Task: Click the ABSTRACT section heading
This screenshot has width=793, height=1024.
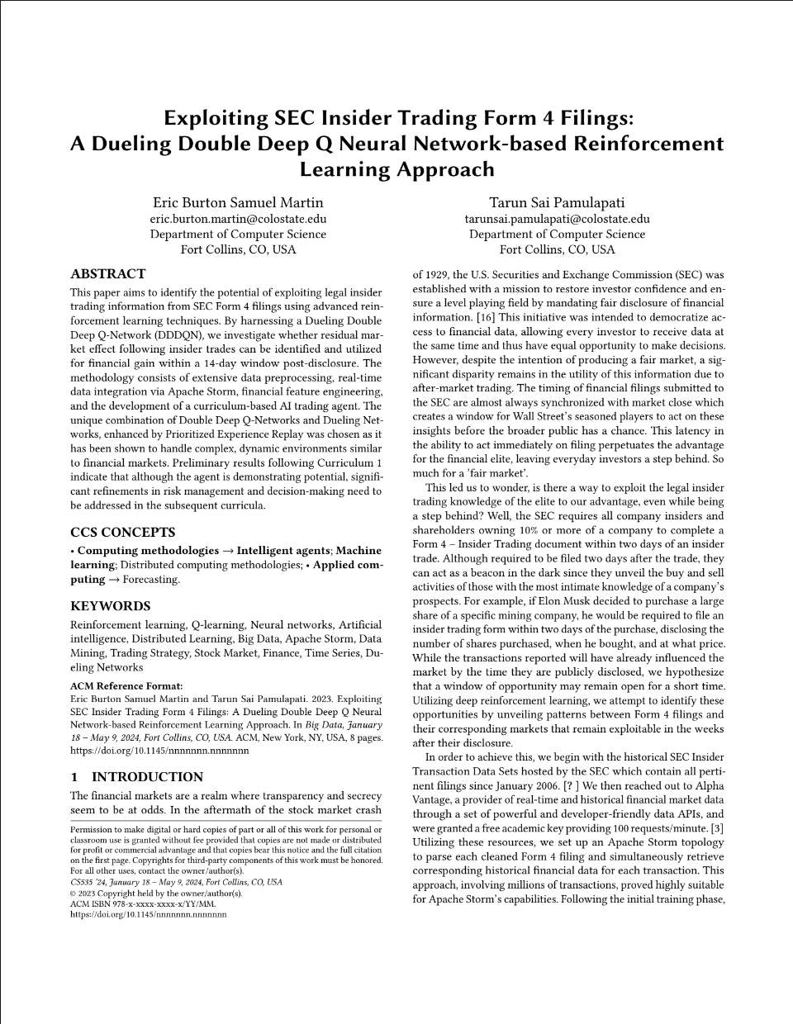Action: pos(107,274)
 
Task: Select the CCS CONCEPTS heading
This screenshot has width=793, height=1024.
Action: pos(122,533)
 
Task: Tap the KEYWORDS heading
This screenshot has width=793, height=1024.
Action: pos(110,606)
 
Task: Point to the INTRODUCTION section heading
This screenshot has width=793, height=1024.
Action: pos(137,777)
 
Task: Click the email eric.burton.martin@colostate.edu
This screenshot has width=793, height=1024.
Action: pos(238,219)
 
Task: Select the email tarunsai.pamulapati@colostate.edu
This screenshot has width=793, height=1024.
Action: pos(557,219)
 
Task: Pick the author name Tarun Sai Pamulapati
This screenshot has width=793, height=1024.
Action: pos(557,202)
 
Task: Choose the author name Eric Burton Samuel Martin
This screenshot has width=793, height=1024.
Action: pos(238,202)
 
